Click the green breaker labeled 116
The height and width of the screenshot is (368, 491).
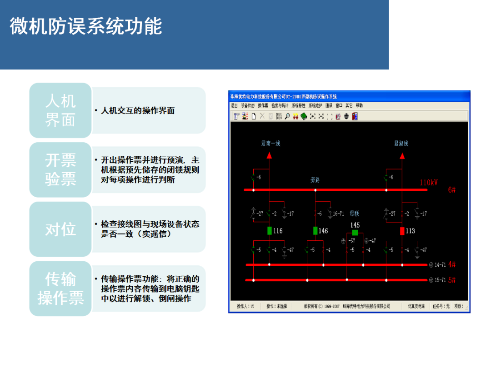[270, 231]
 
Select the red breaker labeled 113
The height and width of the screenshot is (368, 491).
[402, 231]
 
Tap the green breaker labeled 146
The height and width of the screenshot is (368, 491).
[315, 231]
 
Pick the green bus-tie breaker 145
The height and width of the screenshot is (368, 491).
[355, 233]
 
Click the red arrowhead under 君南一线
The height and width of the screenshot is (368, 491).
[269, 155]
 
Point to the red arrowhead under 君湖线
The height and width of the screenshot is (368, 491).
[402, 155]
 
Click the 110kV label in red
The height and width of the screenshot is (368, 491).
[428, 183]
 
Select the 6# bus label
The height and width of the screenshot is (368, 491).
[451, 190]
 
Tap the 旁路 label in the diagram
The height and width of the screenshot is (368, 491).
[315, 180]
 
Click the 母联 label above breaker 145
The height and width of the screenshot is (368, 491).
[354, 213]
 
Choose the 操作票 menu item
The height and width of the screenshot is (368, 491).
[263, 105]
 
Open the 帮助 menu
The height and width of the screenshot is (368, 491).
[359, 105]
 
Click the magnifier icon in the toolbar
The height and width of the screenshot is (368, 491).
[288, 116]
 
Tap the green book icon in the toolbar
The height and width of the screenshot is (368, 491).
[304, 116]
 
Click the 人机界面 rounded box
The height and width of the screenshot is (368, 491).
[60, 110]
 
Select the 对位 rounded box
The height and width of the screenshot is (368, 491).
[60, 229]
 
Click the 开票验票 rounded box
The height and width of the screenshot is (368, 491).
[60, 170]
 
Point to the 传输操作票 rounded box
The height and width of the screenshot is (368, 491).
[60, 288]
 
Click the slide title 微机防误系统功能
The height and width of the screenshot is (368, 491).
[86, 27]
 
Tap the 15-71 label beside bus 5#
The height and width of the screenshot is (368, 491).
[440, 280]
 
